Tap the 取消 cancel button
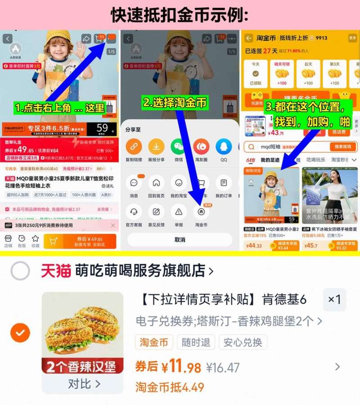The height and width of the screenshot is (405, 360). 180,239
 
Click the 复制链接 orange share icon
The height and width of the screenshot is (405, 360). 134,146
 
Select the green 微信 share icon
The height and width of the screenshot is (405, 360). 178,146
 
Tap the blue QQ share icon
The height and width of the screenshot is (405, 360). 224,146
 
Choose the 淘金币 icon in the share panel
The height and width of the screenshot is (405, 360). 201,211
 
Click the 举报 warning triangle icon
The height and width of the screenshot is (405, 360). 179,211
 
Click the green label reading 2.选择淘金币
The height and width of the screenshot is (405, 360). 175,103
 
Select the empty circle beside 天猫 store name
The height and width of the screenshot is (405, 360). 20,271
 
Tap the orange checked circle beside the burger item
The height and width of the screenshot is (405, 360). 20,333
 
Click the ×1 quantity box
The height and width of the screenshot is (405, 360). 334,300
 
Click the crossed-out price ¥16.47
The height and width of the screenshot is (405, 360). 223,368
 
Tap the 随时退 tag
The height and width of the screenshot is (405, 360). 196,342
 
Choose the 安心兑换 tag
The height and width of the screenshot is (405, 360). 243,342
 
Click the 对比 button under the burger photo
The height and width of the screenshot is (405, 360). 84,384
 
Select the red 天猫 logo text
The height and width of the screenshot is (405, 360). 56,271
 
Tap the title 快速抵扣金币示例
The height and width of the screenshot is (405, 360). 180,15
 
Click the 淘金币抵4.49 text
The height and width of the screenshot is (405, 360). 170,387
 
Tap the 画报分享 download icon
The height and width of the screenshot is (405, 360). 156,146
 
